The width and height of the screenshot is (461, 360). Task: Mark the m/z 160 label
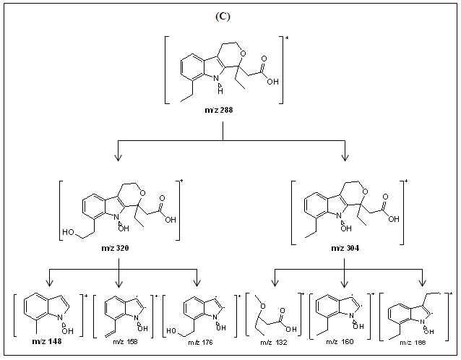tap(344, 342)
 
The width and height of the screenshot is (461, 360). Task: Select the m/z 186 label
tap(419, 342)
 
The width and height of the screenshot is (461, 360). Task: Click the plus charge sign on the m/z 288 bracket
tap(287, 35)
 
